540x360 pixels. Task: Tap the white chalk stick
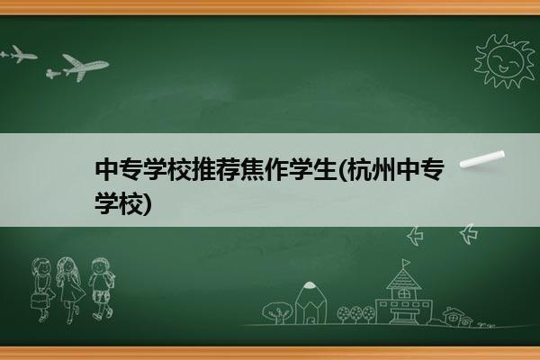point(482,158)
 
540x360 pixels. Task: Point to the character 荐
point(228,169)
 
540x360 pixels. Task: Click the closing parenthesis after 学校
point(147,204)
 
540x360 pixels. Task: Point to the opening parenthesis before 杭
point(342,169)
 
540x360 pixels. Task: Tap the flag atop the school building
point(406,263)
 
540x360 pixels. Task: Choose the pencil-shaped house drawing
point(310,303)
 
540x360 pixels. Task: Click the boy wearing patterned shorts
point(101,288)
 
